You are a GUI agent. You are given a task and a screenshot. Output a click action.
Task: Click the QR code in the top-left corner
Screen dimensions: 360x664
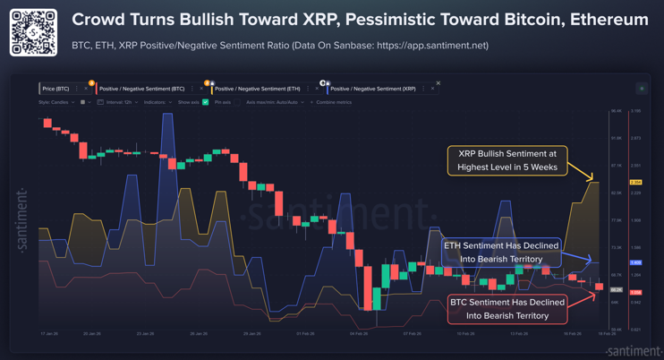pyautogui.click(x=33, y=32)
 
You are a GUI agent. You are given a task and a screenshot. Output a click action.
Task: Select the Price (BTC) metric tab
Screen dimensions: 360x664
pyautogui.click(x=55, y=89)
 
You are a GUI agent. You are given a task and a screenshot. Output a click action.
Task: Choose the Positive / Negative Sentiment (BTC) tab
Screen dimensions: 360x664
pyautogui.click(x=141, y=89)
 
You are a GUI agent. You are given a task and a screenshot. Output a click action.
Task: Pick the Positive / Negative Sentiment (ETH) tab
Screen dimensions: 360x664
pyautogui.click(x=257, y=89)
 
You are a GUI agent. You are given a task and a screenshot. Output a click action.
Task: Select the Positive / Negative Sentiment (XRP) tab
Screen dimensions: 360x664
pyautogui.click(x=372, y=89)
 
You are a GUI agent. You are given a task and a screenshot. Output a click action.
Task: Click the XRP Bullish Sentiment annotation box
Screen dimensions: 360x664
pyautogui.click(x=507, y=160)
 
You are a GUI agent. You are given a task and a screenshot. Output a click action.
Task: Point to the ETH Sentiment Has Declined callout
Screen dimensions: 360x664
pyautogui.click(x=501, y=252)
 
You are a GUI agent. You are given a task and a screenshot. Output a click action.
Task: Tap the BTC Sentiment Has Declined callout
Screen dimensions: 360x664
pyautogui.click(x=507, y=309)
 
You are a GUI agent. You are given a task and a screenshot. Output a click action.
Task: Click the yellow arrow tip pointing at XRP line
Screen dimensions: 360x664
pyautogui.click(x=592, y=178)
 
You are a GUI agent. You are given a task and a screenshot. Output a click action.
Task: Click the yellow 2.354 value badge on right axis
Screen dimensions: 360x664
pyautogui.click(x=635, y=183)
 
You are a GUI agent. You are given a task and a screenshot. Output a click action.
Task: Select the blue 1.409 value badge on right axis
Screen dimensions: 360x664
pyautogui.click(x=635, y=262)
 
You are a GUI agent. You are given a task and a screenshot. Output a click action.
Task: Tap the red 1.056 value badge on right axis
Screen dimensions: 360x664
pyautogui.click(x=635, y=292)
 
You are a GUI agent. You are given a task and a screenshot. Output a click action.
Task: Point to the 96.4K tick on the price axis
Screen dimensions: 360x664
pyautogui.click(x=616, y=111)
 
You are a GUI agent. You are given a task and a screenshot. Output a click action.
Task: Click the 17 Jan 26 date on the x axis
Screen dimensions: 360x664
pyautogui.click(x=49, y=334)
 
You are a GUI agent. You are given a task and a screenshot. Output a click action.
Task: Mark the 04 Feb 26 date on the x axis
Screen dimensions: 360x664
pyautogui.click(x=359, y=334)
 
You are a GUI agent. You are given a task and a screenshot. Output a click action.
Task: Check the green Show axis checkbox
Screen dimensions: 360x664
pyautogui.click(x=206, y=102)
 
